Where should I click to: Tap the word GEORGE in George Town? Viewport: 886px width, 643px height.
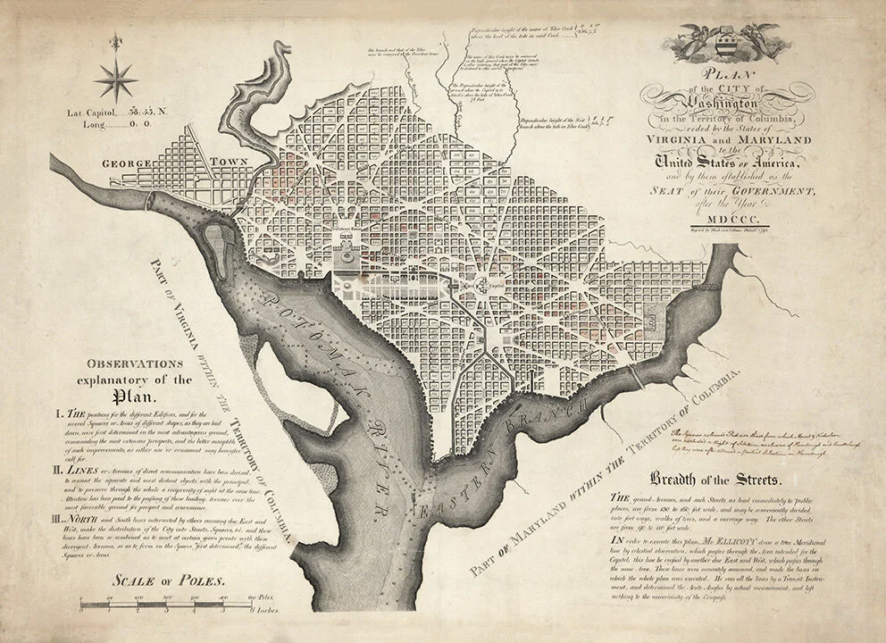130,164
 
